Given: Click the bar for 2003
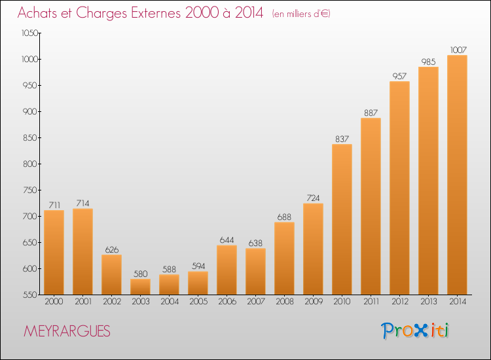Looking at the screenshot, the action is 140,287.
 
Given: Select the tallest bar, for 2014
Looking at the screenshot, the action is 457,175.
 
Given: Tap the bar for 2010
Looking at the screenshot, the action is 342,219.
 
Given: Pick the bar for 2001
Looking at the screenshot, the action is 82,251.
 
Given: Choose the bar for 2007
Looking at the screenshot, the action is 255,272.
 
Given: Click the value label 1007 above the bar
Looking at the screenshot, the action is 458,50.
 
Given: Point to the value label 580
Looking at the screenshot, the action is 140,274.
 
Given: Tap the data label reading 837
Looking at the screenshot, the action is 342,139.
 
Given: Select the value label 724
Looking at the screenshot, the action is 313,198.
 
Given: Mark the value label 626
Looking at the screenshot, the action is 112,249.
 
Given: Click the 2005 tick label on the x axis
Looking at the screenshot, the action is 198,301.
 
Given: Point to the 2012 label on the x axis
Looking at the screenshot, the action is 400,301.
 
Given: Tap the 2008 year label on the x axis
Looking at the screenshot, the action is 285,301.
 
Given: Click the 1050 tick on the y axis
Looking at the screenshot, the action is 29,33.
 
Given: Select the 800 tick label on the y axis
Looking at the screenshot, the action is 29,164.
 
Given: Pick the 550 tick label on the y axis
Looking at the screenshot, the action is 29,295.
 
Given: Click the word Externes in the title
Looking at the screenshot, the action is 156,12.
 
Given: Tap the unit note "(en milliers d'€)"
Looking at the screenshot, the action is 301,14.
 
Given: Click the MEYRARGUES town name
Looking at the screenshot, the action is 67,331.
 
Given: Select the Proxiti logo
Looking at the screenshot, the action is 415,331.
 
